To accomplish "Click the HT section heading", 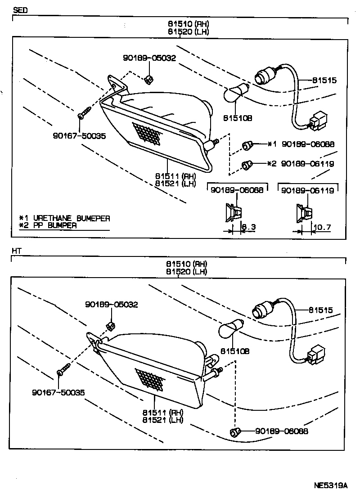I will click(x=17, y=250).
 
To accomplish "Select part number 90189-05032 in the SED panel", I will click(x=149, y=58).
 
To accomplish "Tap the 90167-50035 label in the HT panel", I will click(x=58, y=393).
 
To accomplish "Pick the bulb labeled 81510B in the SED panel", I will click(x=236, y=93).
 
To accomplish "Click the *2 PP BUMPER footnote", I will click(x=48, y=225).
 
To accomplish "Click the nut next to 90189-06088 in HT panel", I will click(x=234, y=432).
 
